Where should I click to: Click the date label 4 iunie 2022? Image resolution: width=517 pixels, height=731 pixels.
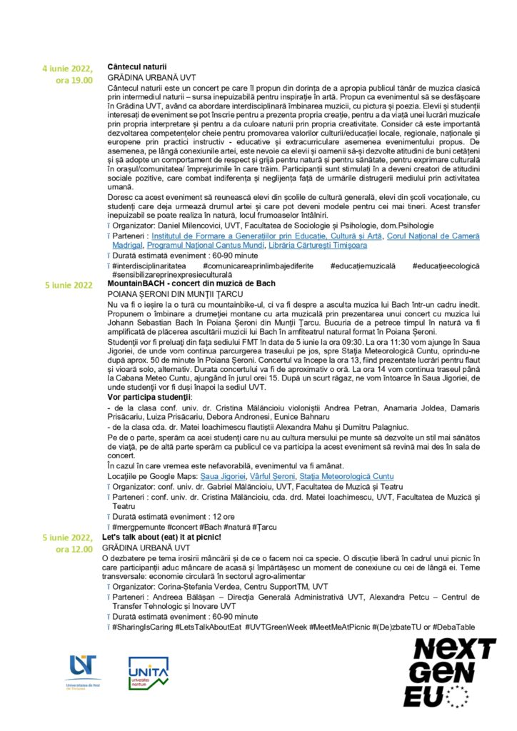68,69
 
